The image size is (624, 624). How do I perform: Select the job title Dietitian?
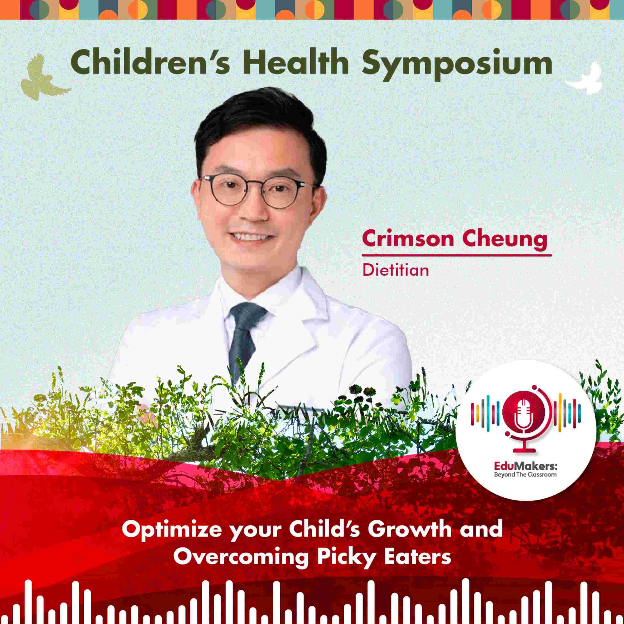[395, 270]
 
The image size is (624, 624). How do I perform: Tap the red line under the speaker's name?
[457, 255]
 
